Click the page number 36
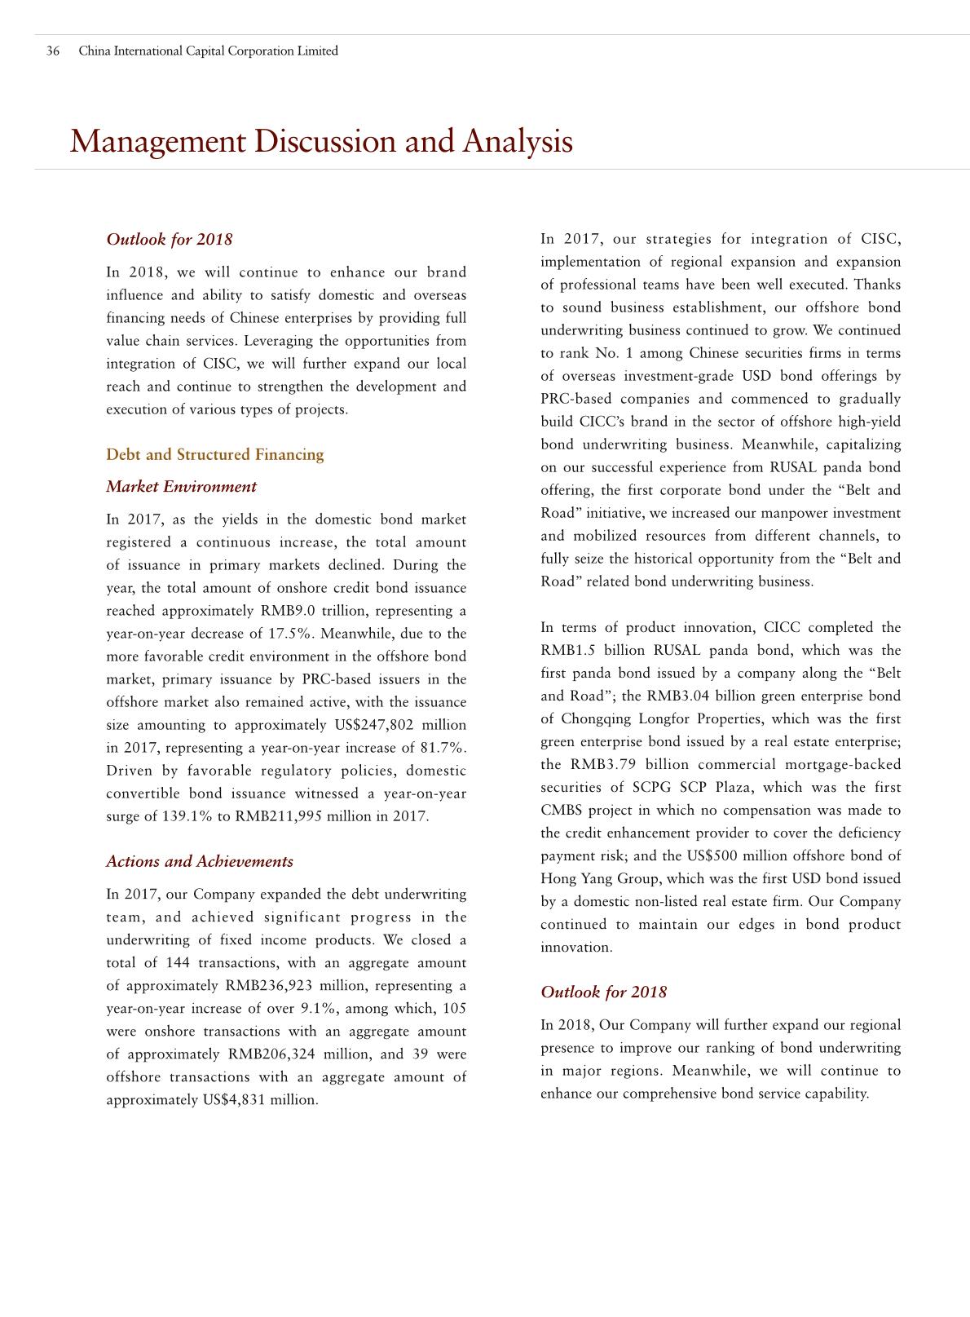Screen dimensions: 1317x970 point(53,51)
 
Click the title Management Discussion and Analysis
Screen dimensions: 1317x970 point(321,142)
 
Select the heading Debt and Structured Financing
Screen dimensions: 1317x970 point(215,455)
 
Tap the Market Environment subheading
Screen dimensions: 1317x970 point(181,487)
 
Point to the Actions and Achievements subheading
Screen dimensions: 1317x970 point(200,862)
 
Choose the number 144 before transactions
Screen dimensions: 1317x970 point(178,963)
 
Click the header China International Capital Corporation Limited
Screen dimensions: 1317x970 point(208,51)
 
